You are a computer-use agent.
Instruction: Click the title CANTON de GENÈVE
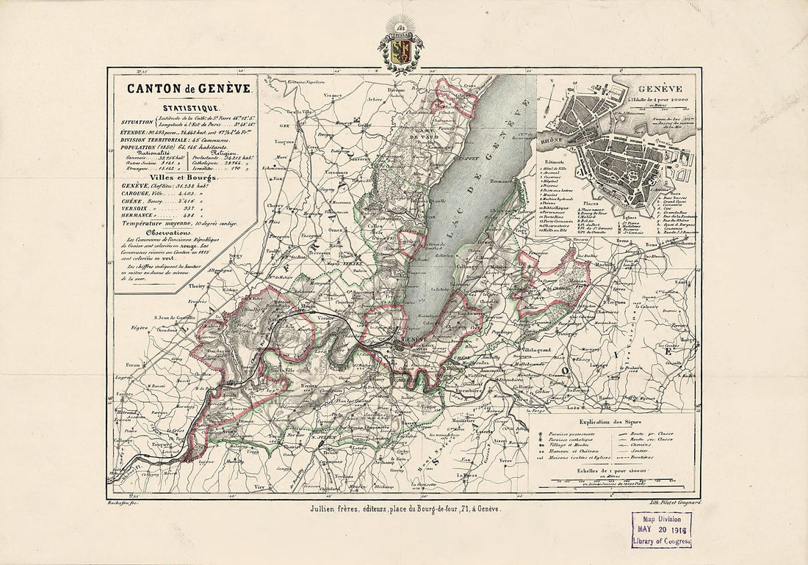coord(189,88)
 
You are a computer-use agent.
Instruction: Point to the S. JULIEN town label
coord(323,438)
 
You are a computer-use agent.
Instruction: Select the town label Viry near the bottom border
coord(257,485)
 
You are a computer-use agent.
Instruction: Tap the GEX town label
coord(278,125)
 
